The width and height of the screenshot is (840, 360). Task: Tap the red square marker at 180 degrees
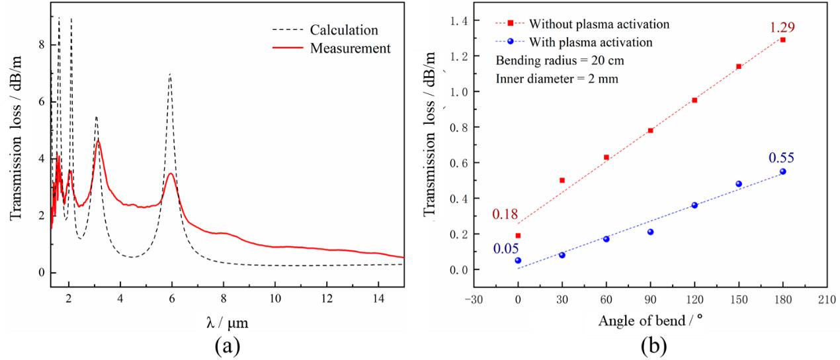click(x=782, y=40)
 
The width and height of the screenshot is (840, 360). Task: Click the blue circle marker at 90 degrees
click(x=650, y=232)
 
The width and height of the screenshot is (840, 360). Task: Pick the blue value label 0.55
click(x=781, y=158)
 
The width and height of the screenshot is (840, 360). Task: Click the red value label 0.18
click(x=505, y=214)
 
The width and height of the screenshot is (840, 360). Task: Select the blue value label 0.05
click(x=505, y=248)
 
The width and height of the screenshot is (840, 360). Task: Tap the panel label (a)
click(x=226, y=346)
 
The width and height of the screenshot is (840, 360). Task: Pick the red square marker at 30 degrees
click(x=562, y=180)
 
